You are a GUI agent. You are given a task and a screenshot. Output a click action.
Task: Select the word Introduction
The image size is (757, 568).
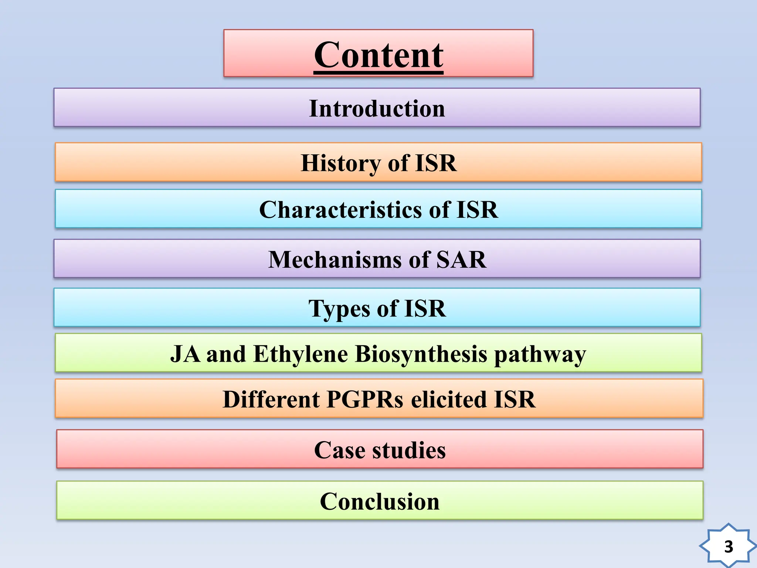pos(377,108)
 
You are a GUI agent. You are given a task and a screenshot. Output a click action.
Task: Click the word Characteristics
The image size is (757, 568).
pos(340,210)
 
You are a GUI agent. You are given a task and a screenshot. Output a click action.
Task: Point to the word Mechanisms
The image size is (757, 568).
pos(335,260)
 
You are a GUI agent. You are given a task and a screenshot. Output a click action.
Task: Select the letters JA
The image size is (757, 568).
pos(185,354)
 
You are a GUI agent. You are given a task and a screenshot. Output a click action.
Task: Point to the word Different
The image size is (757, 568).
pos(271,399)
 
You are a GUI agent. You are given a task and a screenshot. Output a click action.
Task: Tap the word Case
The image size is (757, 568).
pos(339,450)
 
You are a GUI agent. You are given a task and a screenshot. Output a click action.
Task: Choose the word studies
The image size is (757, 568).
pos(409,450)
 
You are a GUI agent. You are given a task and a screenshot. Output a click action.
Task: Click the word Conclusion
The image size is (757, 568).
pos(380,501)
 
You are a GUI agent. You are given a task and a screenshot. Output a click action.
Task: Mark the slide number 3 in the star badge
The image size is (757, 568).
pos(729,547)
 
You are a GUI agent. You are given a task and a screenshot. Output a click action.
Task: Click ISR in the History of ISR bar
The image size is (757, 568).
pos(436,163)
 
